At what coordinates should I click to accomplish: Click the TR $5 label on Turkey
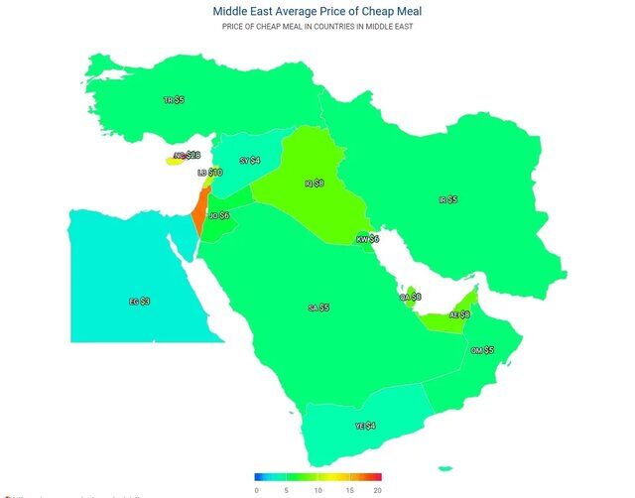[174, 100]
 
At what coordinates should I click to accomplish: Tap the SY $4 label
[250, 160]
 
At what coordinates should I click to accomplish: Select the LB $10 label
[209, 173]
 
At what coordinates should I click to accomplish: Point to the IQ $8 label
[314, 184]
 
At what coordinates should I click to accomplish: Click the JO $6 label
[218, 215]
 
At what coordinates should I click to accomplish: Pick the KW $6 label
[368, 239]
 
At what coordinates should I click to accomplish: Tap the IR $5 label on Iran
[447, 200]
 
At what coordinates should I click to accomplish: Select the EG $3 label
[139, 301]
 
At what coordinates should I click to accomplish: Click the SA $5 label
[318, 309]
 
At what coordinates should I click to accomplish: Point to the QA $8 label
[410, 297]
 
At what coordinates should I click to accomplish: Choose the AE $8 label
[458, 314]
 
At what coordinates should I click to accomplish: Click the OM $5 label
[482, 350]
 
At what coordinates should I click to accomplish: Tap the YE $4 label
[365, 426]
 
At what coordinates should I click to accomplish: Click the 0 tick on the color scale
[256, 490]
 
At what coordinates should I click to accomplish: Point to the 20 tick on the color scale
[377, 490]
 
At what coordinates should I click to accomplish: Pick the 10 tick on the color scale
[317, 490]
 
